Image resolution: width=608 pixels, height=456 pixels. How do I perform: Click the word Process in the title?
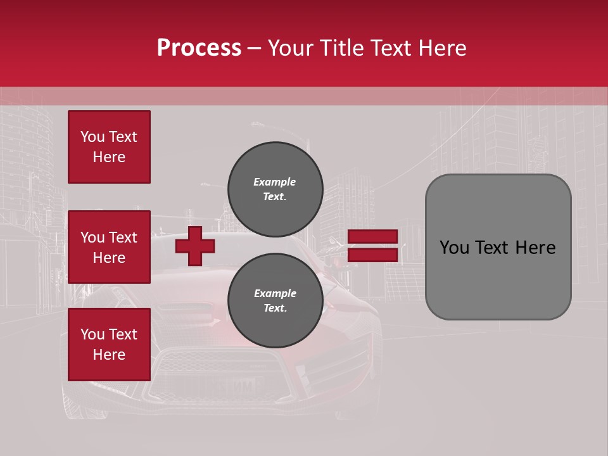[x=199, y=48]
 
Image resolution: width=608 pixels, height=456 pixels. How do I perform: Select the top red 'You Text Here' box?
[x=109, y=147]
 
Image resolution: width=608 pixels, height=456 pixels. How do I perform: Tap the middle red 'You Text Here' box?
[x=109, y=247]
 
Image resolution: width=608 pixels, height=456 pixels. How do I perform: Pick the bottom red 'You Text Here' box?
[x=109, y=345]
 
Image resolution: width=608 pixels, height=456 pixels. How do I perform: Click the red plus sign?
[x=194, y=246]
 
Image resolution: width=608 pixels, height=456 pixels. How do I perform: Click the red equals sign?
[x=373, y=246]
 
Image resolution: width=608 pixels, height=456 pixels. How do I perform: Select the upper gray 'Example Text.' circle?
[x=275, y=189]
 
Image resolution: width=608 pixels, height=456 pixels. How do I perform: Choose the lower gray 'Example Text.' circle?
[x=275, y=301]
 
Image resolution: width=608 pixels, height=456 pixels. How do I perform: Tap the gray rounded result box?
[x=498, y=247]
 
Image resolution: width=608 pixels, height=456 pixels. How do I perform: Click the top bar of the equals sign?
[x=373, y=237]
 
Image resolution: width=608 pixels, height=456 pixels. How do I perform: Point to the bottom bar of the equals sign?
[x=373, y=255]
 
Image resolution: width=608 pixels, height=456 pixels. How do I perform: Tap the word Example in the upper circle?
[x=275, y=182]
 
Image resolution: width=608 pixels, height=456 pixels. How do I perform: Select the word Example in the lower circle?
[x=275, y=293]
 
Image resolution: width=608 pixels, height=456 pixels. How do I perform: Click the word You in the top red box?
[x=92, y=137]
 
